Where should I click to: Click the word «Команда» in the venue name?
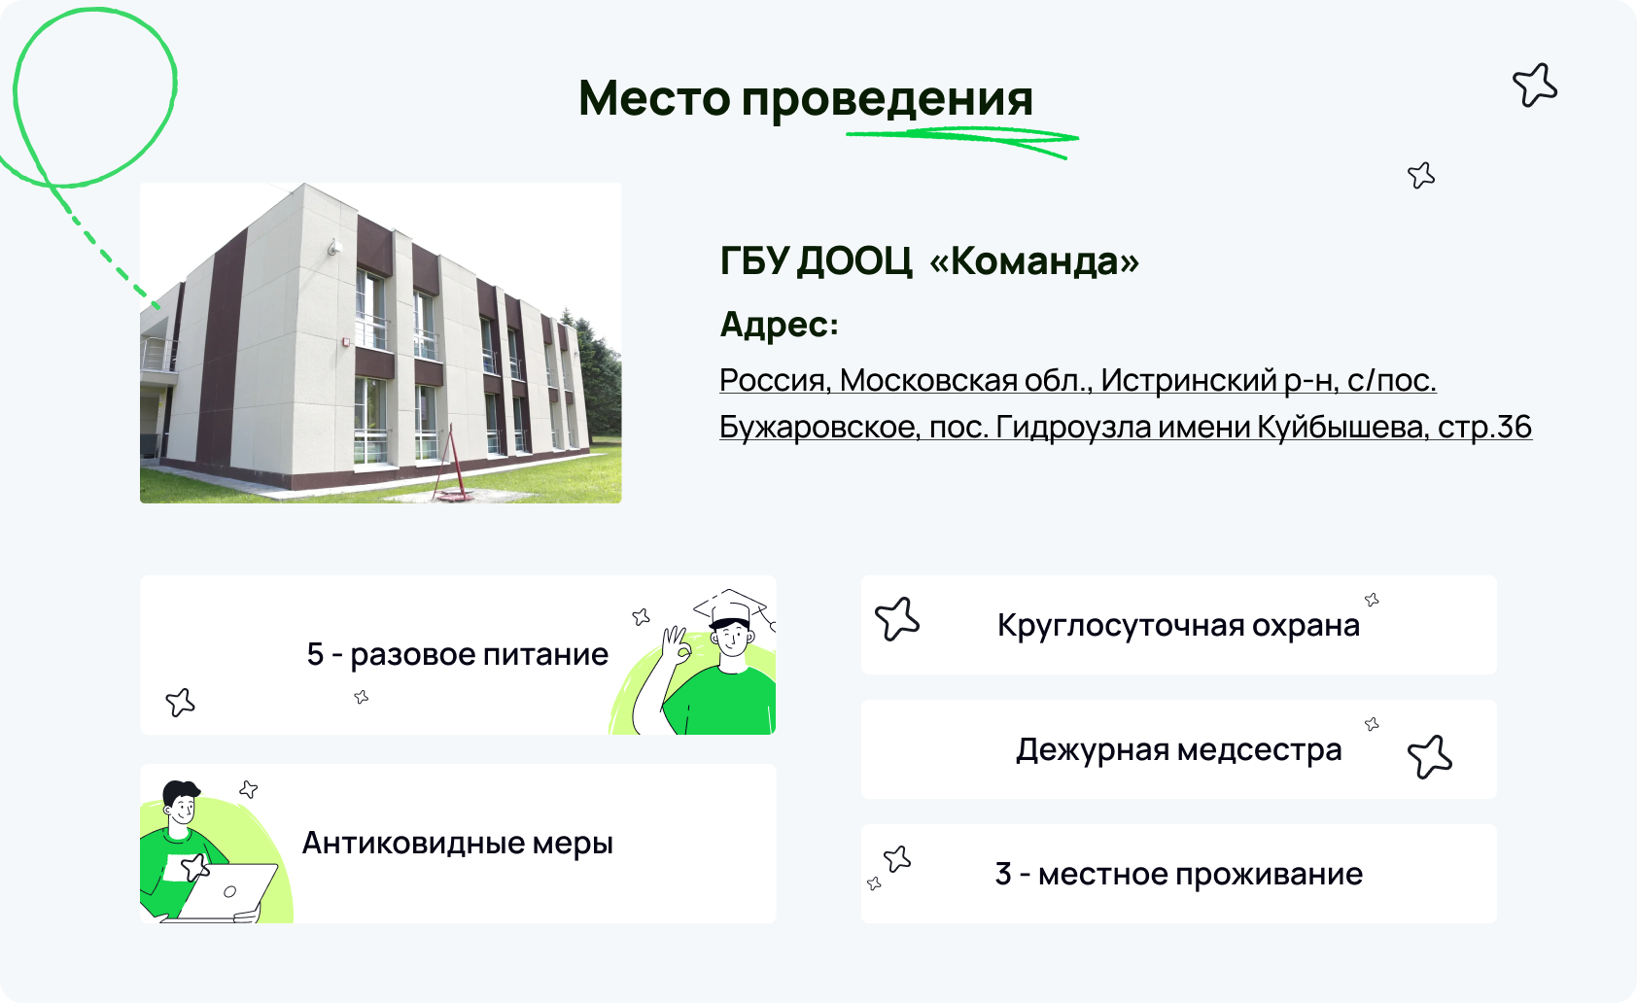tap(1034, 260)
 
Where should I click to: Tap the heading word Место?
tap(654, 97)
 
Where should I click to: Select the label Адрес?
tap(779, 324)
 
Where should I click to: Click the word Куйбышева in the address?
tap(1341, 427)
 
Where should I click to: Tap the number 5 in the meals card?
tap(315, 654)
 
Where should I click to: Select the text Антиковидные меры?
tap(458, 843)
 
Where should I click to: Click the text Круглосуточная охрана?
tap(1178, 625)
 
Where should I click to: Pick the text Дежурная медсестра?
tap(1179, 749)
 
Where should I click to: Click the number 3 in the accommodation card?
tap(1003, 874)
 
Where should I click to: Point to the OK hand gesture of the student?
tap(677, 645)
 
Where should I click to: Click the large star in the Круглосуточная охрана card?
tap(896, 619)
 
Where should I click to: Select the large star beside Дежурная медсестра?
tap(1429, 757)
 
